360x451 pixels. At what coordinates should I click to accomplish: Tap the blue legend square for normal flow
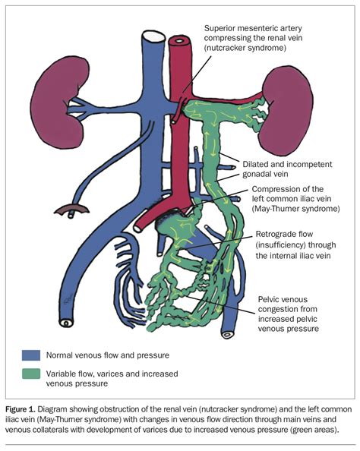(32, 355)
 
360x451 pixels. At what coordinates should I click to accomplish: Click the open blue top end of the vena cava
(150, 34)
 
